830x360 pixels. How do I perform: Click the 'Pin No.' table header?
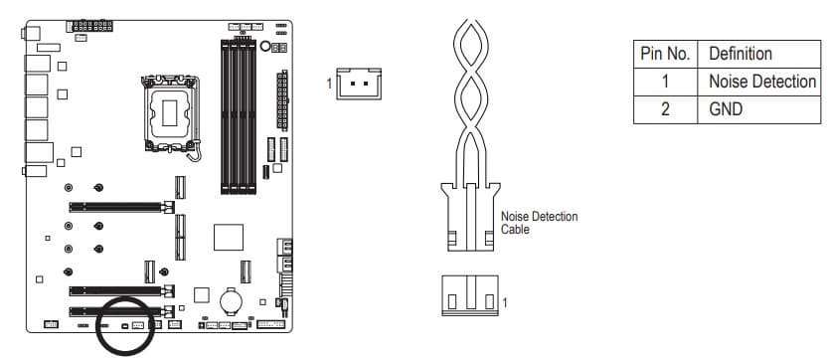point(665,54)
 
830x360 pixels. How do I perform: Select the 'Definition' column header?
point(740,54)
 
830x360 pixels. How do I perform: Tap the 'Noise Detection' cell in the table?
point(762,82)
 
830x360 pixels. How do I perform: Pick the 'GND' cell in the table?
point(726,109)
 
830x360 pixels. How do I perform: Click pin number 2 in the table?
point(665,109)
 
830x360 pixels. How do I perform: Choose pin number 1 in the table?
point(665,82)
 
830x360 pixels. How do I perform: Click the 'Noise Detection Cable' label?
point(539,223)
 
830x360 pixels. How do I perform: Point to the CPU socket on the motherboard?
point(170,112)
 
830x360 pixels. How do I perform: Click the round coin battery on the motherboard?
point(231,301)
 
